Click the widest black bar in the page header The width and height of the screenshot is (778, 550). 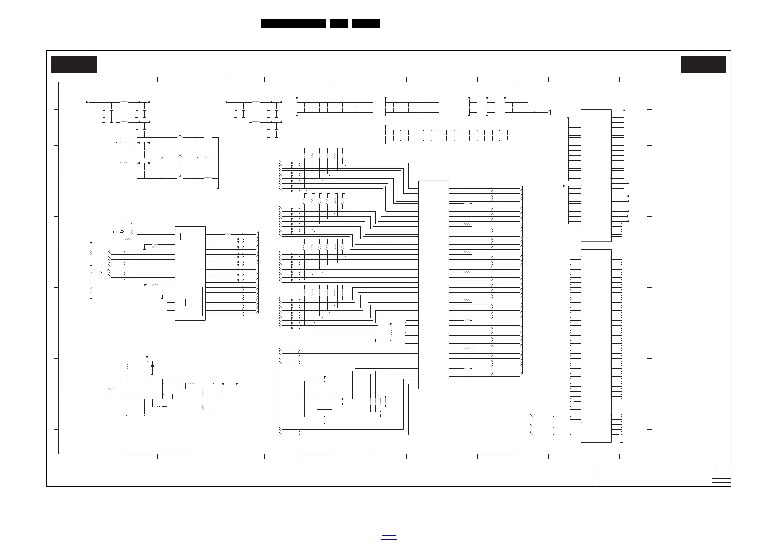[293, 23]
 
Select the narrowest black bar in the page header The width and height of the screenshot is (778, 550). [338, 23]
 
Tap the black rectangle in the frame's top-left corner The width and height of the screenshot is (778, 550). [74, 64]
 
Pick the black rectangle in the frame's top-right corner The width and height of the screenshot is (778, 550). [704, 64]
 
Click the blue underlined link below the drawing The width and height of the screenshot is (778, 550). [389, 537]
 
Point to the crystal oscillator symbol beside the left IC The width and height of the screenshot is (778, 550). [122, 232]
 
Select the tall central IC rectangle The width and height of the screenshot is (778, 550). [433, 285]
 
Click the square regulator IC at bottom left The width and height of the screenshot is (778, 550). [152, 389]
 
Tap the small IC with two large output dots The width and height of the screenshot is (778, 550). [324, 399]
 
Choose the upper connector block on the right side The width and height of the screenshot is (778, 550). [596, 175]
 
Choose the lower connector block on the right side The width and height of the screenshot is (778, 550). [596, 346]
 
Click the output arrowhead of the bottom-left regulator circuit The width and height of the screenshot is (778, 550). [237, 384]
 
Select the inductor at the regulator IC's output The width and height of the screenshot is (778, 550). [192, 384]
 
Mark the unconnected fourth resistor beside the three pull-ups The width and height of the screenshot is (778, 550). [386, 401]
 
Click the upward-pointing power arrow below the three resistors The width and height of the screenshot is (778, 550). [381, 415]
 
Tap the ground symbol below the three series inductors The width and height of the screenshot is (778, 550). [218, 188]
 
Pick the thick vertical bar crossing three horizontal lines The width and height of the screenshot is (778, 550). [180, 154]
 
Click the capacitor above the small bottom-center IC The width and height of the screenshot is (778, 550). [315, 381]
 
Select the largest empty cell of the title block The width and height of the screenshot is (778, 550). [624, 477]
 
